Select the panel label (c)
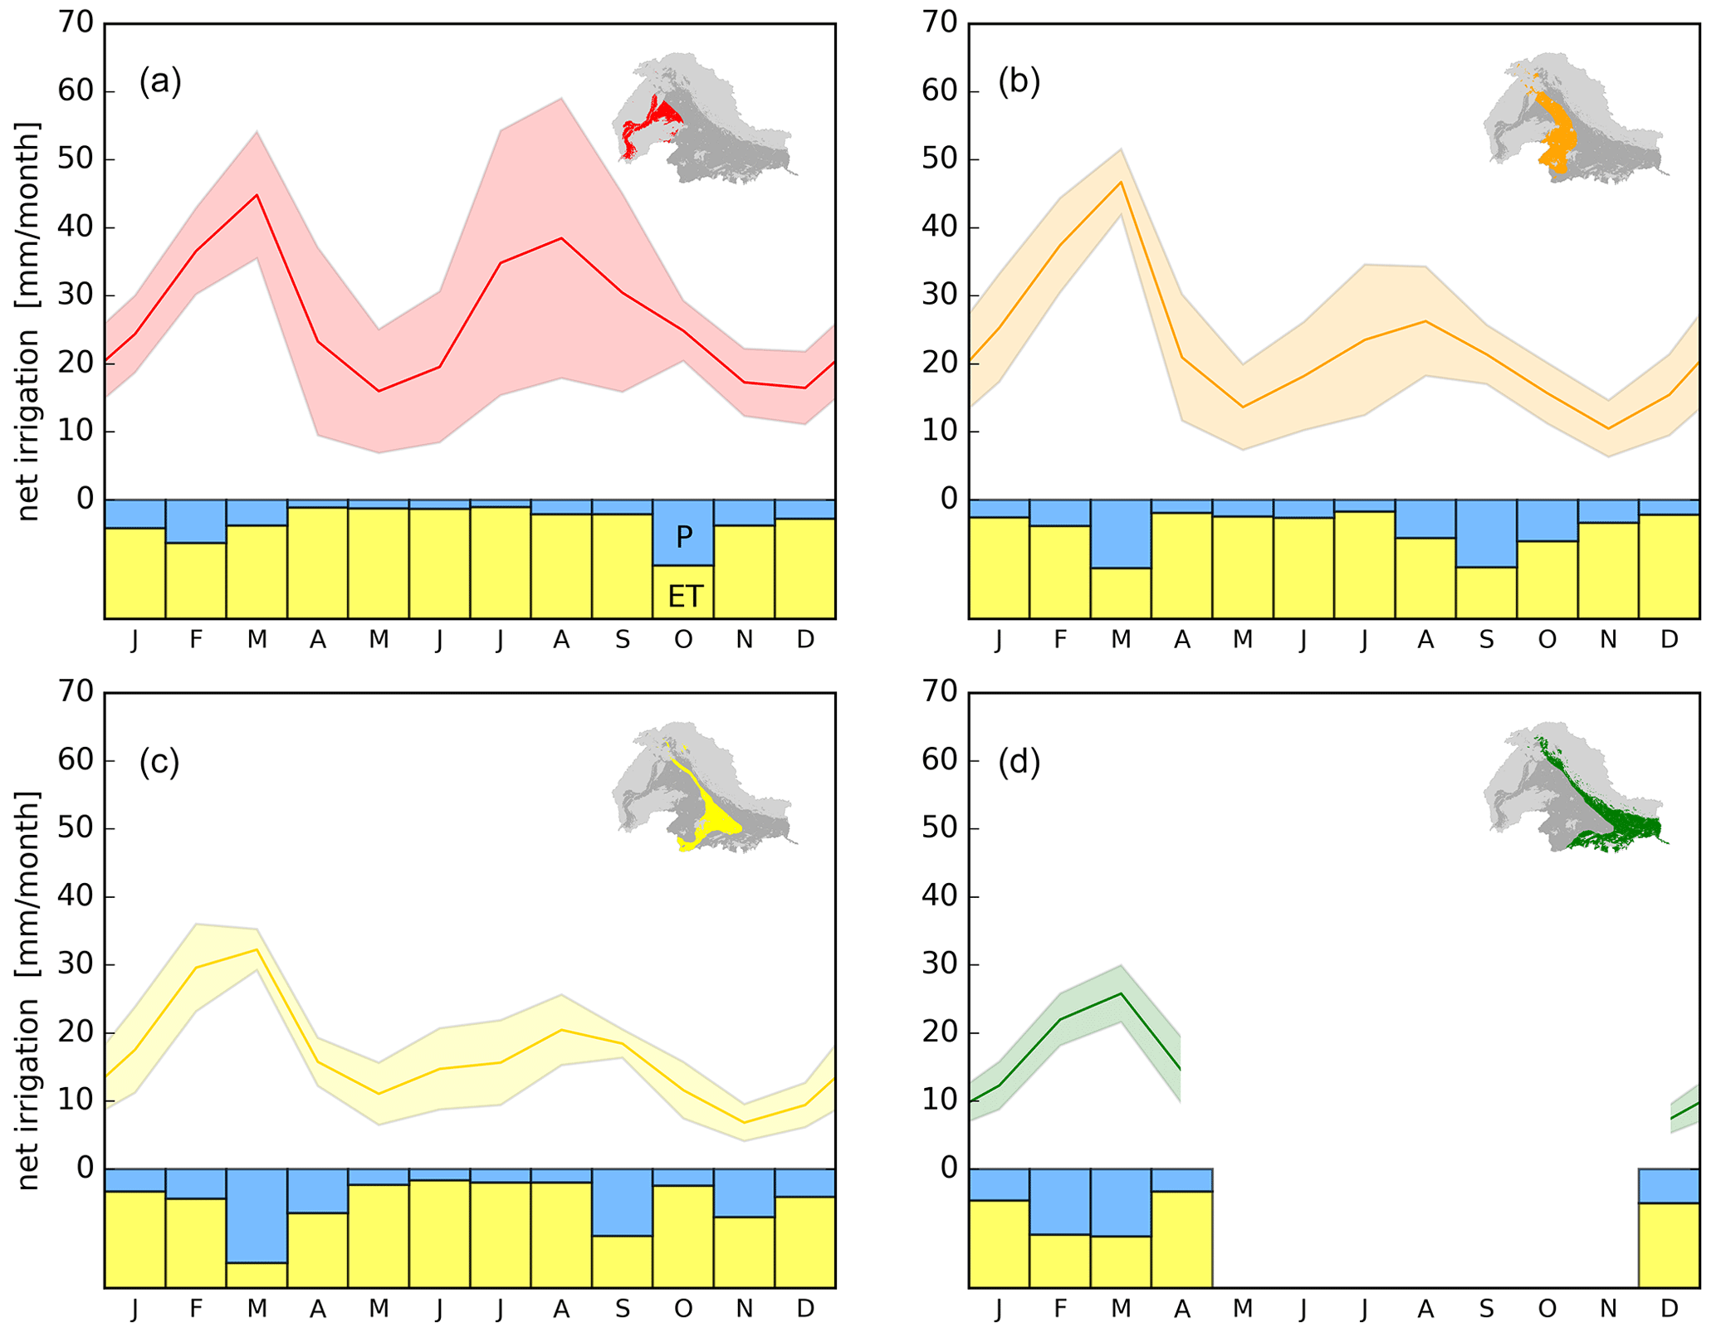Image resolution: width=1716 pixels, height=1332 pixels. [159, 761]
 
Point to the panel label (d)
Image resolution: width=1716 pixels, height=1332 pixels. [1019, 761]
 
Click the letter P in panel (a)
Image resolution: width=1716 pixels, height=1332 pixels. [683, 537]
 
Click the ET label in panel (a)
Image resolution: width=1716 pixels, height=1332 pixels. [685, 596]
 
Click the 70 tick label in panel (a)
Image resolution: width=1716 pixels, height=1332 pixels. [76, 22]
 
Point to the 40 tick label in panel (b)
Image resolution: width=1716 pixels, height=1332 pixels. [940, 227]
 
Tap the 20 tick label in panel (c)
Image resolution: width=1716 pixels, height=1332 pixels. [76, 1032]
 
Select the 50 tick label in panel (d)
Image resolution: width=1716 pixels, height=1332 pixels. [940, 828]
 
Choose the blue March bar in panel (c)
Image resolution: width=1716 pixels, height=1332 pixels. [257, 1215]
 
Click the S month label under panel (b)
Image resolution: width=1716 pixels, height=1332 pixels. [1486, 639]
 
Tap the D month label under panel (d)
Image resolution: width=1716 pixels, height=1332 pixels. [1669, 1309]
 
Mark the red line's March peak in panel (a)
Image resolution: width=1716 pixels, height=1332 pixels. [257, 195]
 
